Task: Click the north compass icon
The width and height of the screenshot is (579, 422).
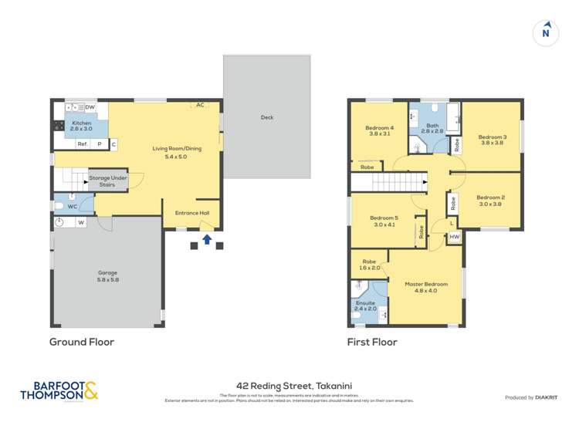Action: tap(546, 33)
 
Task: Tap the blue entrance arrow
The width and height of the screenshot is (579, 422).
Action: tap(206, 240)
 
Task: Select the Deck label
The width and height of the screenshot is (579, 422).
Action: tap(267, 117)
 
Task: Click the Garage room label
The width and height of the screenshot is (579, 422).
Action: tap(107, 275)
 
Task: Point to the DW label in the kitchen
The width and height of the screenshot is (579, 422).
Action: tap(90, 107)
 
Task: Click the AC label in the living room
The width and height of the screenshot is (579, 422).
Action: tap(200, 105)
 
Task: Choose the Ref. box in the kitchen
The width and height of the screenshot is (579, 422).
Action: tap(82, 144)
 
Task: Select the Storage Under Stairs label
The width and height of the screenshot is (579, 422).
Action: tap(107, 181)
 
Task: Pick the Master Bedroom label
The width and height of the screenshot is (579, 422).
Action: tap(426, 287)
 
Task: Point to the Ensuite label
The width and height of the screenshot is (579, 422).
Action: tap(366, 307)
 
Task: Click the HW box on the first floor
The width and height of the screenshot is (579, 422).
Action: tap(455, 237)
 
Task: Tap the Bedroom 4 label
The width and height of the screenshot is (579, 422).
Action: tap(379, 130)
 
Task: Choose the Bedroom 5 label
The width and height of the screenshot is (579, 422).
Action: tap(384, 221)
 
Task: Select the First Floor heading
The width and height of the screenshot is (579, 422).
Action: tap(372, 342)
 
